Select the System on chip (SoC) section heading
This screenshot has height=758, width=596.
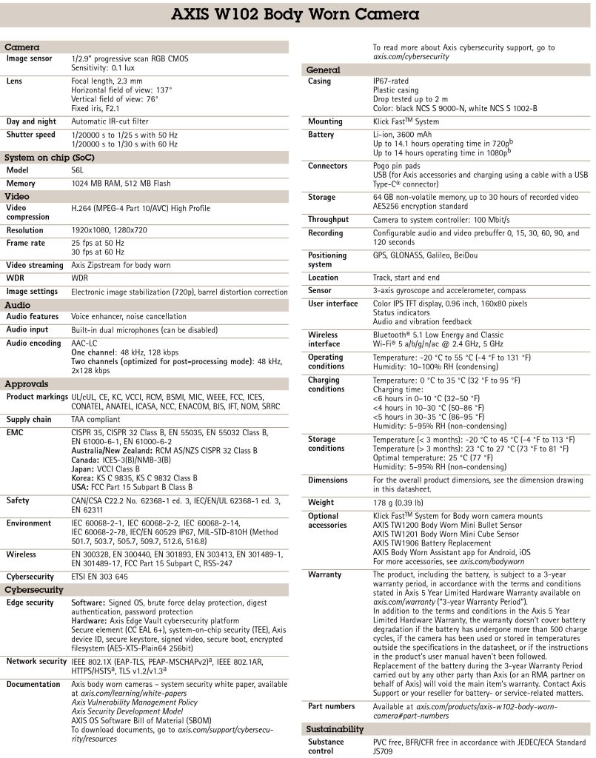tap(50, 158)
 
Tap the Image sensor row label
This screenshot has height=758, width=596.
tap(30, 58)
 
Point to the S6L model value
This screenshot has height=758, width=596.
tap(78, 170)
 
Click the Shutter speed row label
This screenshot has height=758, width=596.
tap(31, 135)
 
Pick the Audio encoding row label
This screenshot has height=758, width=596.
tap(34, 343)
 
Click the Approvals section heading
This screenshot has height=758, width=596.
tap(27, 384)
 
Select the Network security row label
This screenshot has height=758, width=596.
tap(37, 661)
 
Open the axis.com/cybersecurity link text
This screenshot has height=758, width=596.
tap(411, 56)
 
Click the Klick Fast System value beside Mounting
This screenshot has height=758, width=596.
tap(406, 121)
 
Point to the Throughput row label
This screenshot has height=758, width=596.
tap(328, 220)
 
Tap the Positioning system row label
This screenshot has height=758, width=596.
tap(327, 259)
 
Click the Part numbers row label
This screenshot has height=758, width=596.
tap(331, 706)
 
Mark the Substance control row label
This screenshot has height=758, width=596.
tap(327, 745)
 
